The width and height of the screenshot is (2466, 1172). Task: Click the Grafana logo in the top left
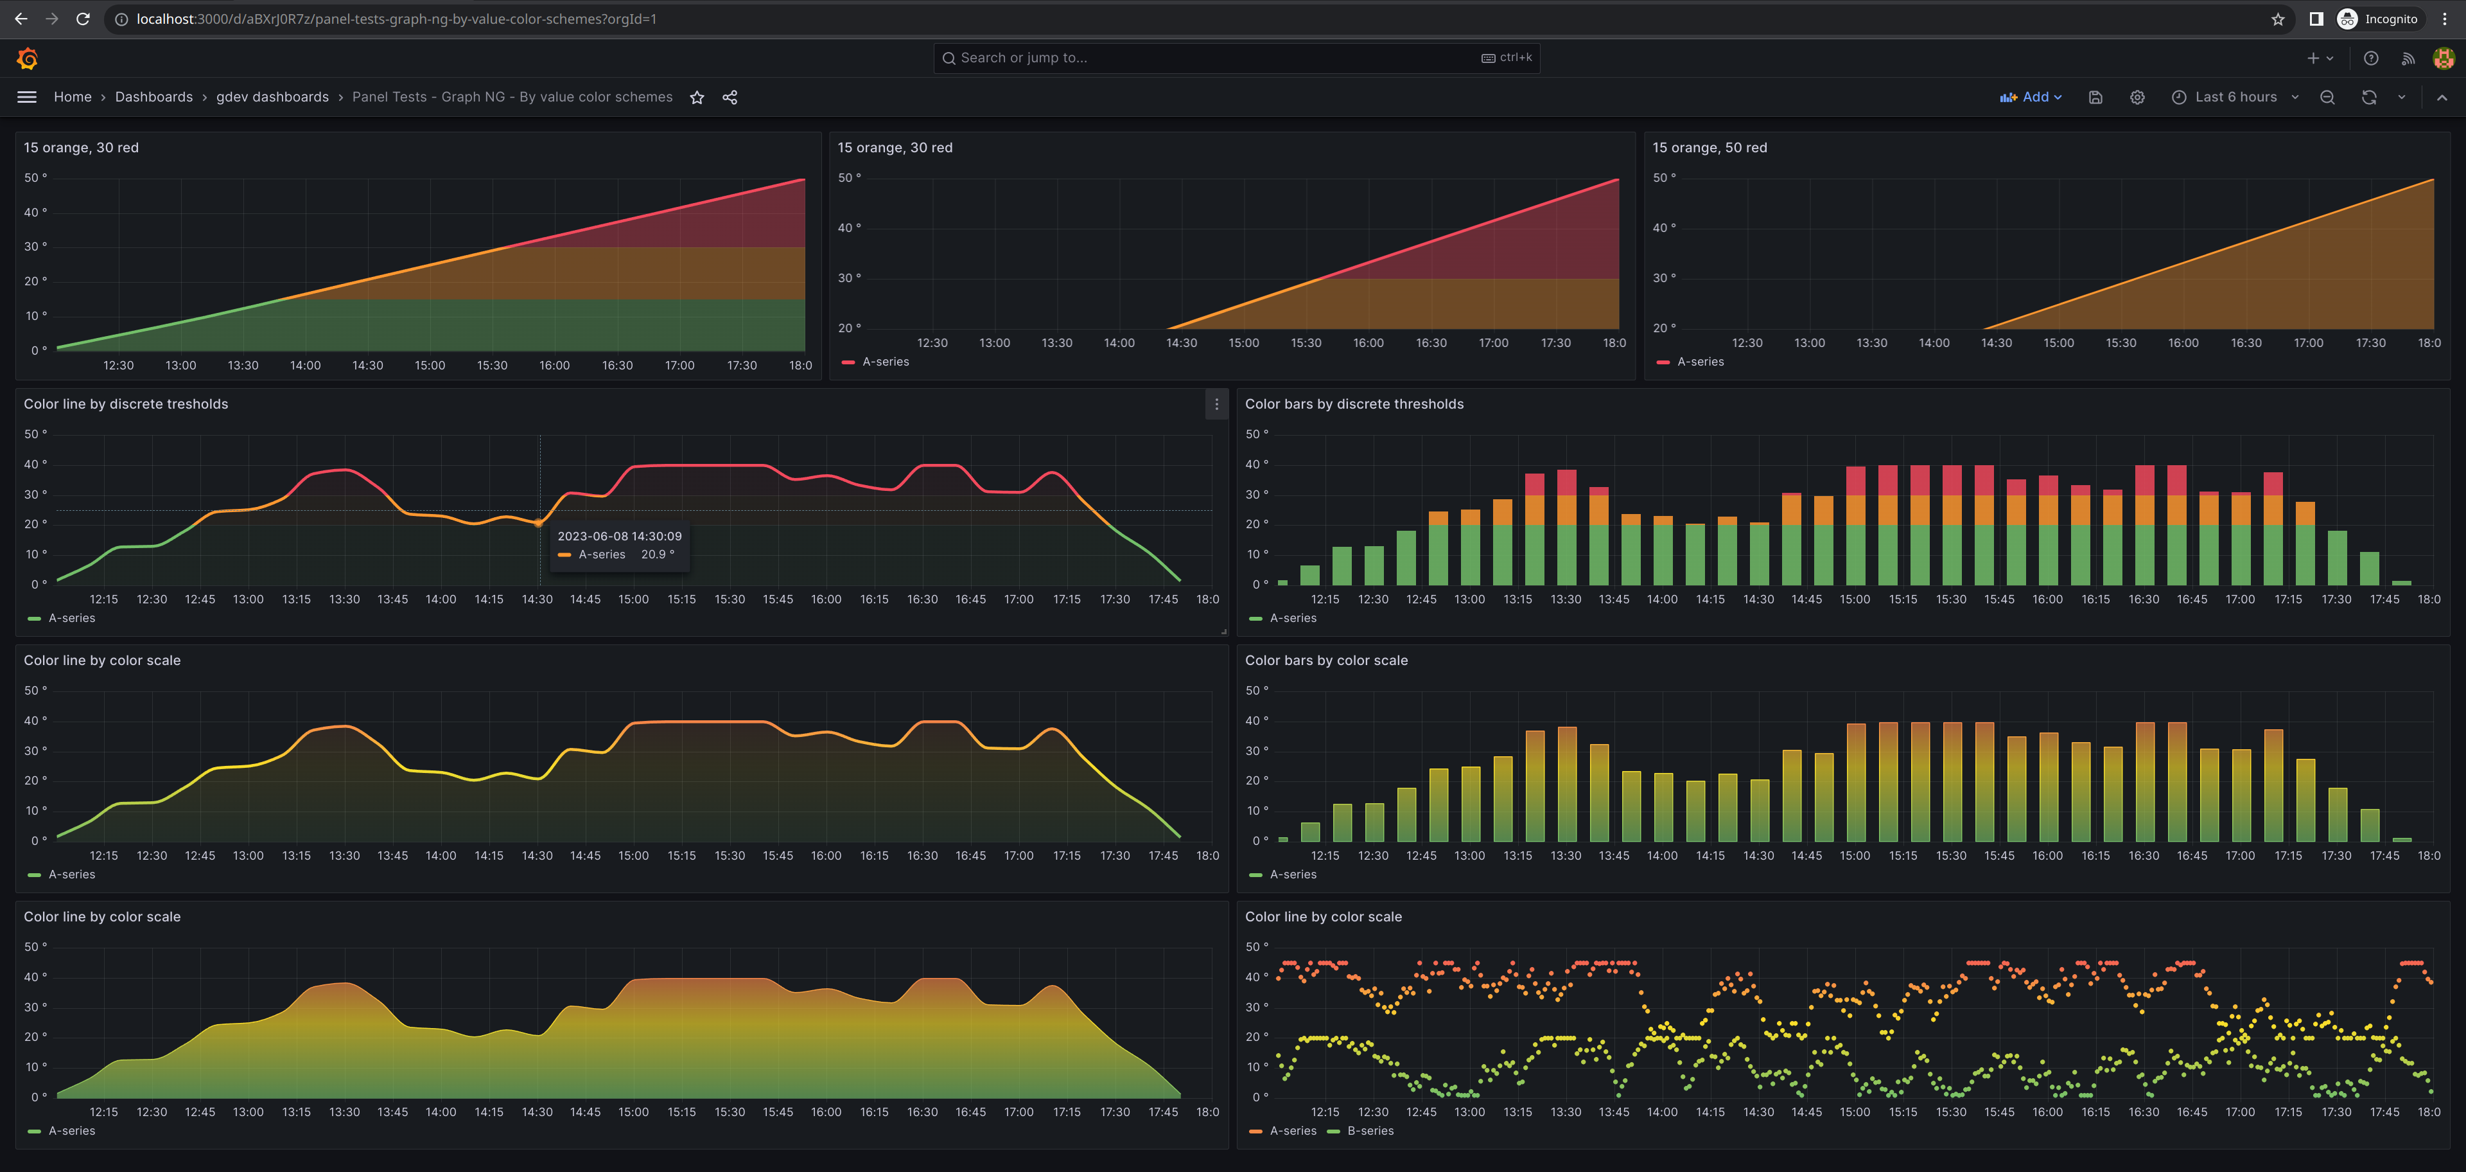pyautogui.click(x=27, y=58)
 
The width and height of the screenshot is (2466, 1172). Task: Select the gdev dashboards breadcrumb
pyautogui.click(x=272, y=97)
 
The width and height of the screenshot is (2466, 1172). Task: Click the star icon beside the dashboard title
pyautogui.click(x=697, y=98)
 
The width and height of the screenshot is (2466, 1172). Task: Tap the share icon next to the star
pyautogui.click(x=730, y=98)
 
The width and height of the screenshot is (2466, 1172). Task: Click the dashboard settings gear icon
pyautogui.click(x=2137, y=98)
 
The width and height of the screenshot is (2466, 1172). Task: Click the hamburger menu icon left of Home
pyautogui.click(x=27, y=97)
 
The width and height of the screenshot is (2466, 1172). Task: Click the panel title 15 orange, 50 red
pyautogui.click(x=1709, y=147)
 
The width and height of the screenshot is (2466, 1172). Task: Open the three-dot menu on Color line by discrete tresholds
pyautogui.click(x=1216, y=404)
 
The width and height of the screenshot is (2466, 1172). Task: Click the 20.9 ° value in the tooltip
pyautogui.click(x=658, y=555)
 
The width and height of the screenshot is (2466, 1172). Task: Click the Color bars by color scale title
pyautogui.click(x=1326, y=661)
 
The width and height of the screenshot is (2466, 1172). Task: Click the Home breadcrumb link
pyautogui.click(x=73, y=97)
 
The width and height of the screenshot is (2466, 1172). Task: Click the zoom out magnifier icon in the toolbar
pyautogui.click(x=2327, y=98)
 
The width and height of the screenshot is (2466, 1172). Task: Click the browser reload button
pyautogui.click(x=83, y=19)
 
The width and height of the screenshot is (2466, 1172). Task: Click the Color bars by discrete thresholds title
pyautogui.click(x=1354, y=404)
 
